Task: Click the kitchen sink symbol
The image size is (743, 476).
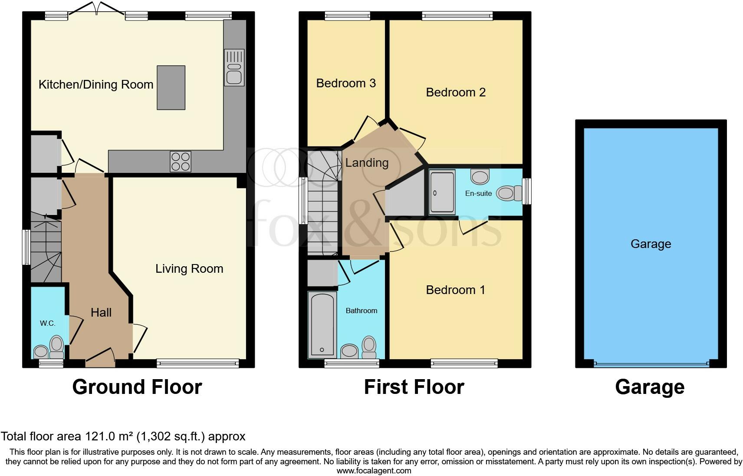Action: (x=234, y=67)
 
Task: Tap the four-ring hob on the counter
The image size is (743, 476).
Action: (x=180, y=161)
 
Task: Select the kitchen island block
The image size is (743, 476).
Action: (x=171, y=87)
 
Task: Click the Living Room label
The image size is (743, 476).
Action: (x=189, y=269)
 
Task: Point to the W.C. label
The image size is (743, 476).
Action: (x=48, y=324)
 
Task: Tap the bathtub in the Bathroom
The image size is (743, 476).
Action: (x=322, y=324)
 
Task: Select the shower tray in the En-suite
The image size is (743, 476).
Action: (x=442, y=192)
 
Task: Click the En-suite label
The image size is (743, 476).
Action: (x=478, y=194)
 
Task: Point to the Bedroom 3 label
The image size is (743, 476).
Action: (x=346, y=83)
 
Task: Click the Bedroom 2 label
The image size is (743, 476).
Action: (x=456, y=93)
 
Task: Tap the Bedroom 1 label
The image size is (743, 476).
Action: (x=456, y=290)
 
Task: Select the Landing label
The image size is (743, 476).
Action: (x=367, y=163)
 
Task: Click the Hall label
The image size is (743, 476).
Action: (x=101, y=313)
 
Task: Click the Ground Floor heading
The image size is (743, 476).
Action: (x=137, y=387)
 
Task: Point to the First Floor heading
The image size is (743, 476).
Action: (x=414, y=387)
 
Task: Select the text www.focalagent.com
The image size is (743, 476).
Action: (x=374, y=470)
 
